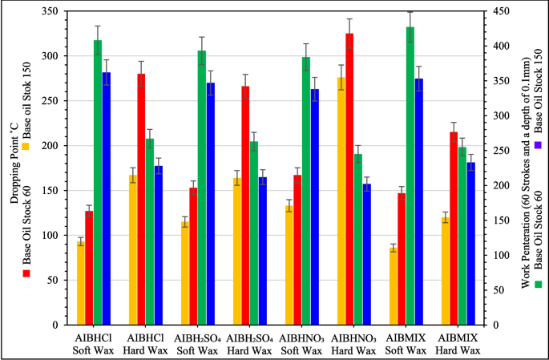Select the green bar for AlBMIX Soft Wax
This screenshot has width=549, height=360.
point(410,176)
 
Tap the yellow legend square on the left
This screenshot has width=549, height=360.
point(26,147)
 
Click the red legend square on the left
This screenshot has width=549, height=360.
point(26,273)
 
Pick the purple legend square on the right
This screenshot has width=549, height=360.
point(538,144)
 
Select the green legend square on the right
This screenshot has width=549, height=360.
point(538,284)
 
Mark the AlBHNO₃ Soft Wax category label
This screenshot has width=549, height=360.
point(302,344)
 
